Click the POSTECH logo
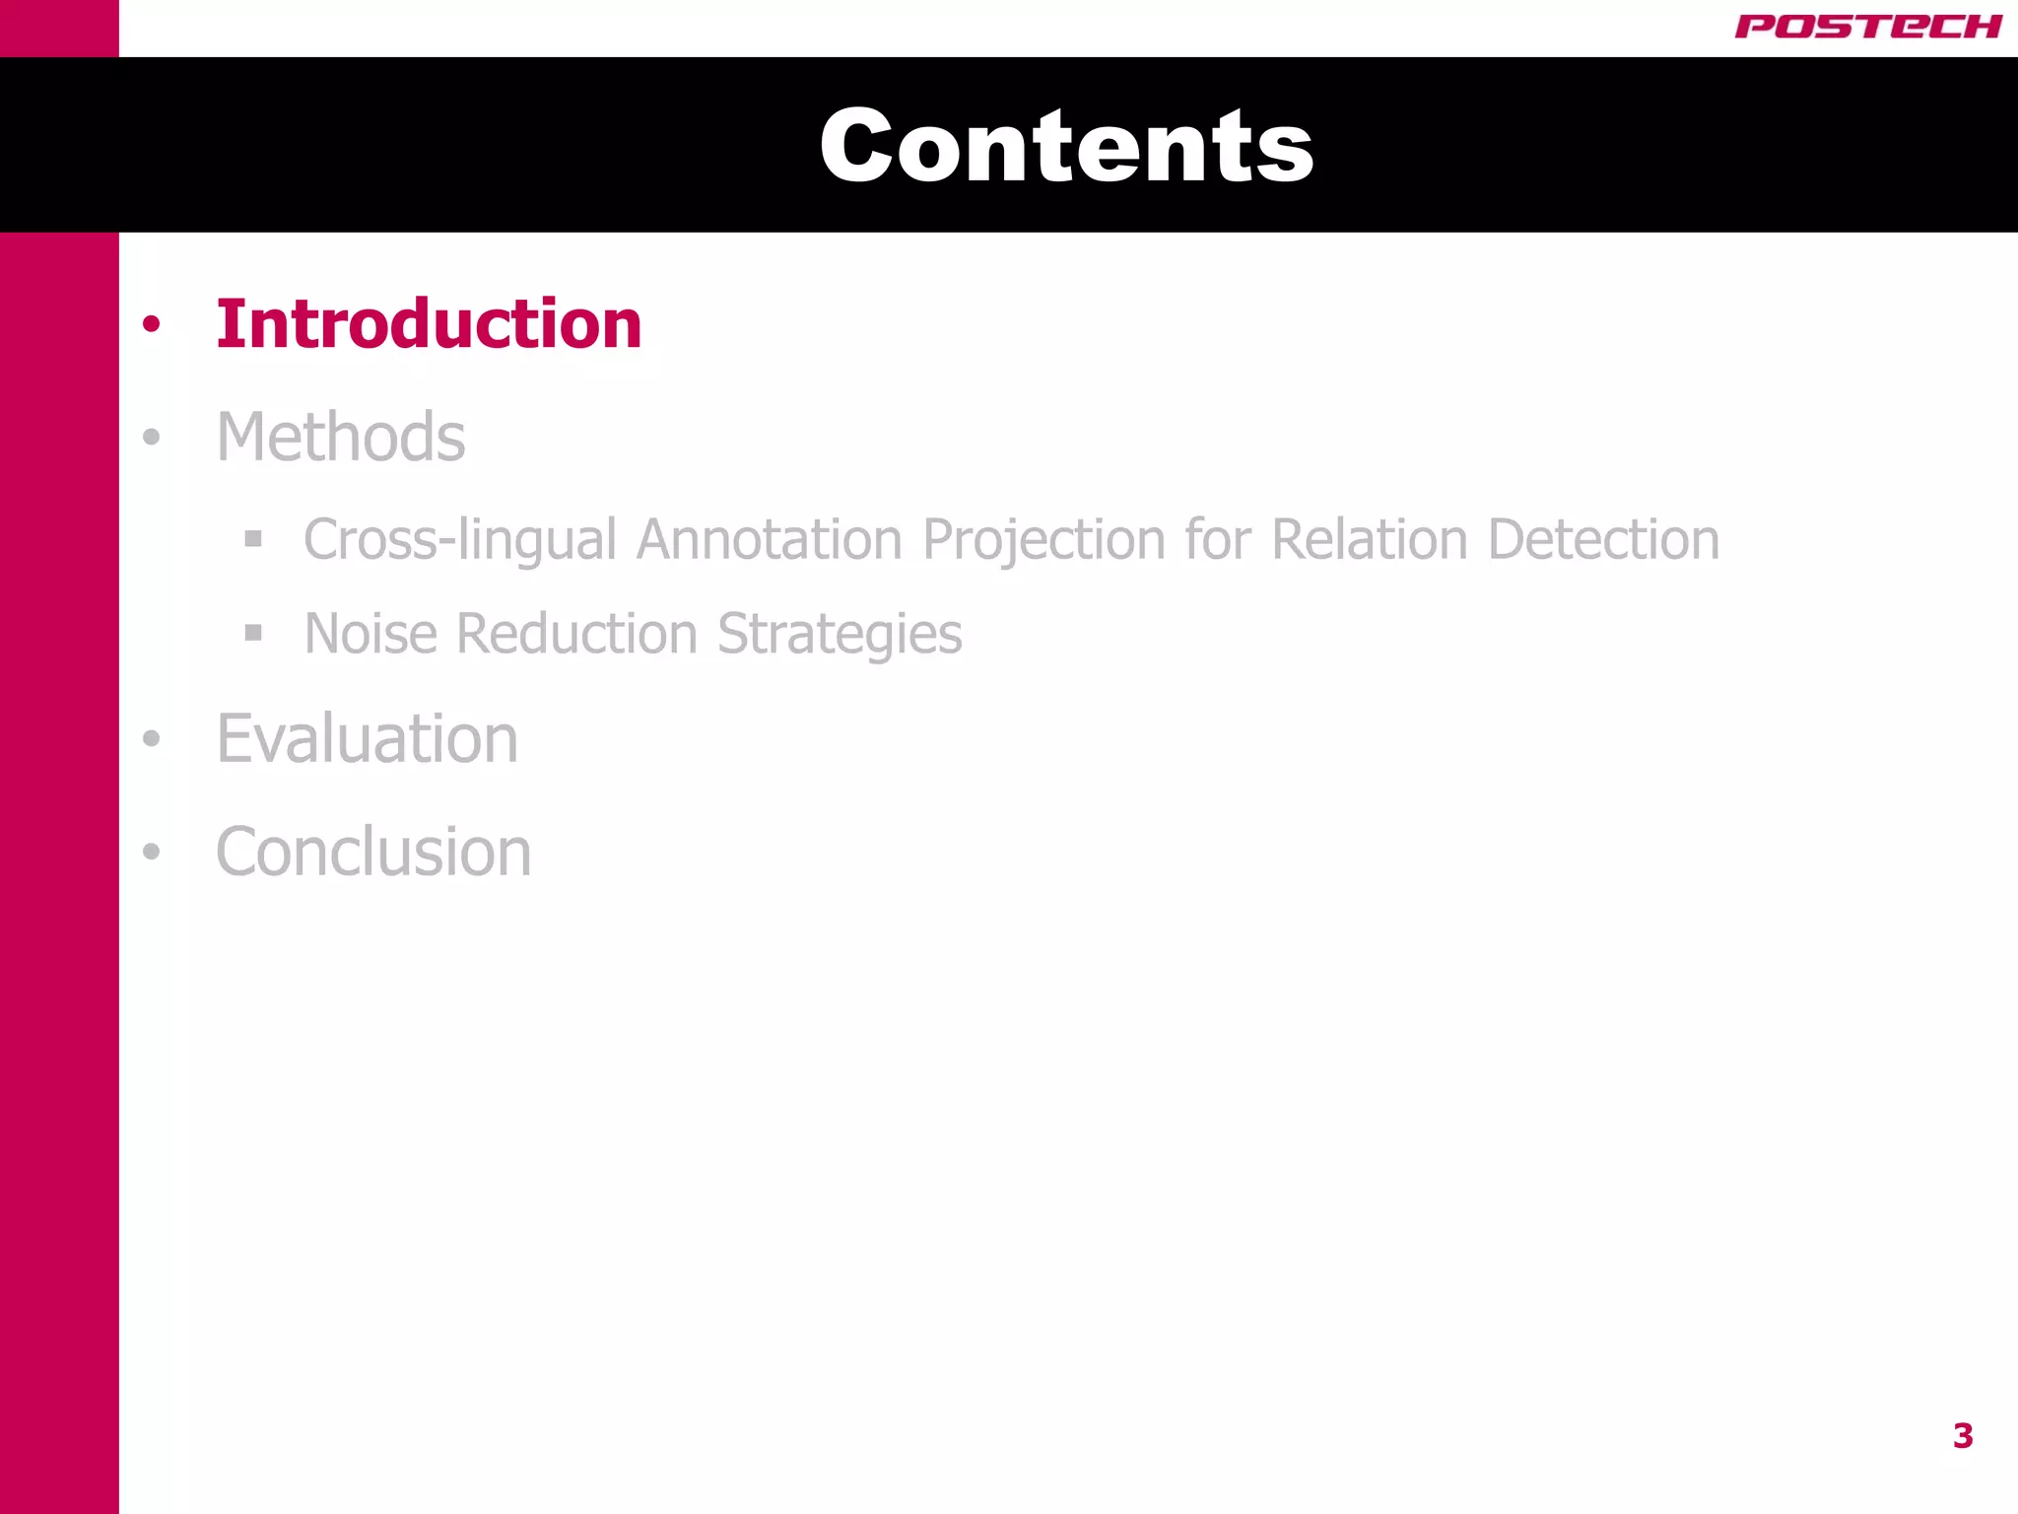tap(1867, 27)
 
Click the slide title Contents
tap(1066, 146)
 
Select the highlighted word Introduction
tap(429, 324)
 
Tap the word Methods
tap(341, 437)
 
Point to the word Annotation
tap(769, 540)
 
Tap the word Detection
tap(1603, 540)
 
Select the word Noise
tap(370, 633)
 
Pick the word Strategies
tap(840, 635)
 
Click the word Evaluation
tap(367, 738)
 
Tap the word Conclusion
tap(373, 852)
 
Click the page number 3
tap(1963, 1436)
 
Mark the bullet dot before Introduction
tap(151, 324)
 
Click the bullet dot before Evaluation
tap(151, 738)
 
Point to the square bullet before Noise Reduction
tap(253, 633)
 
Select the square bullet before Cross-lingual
tap(253, 539)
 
